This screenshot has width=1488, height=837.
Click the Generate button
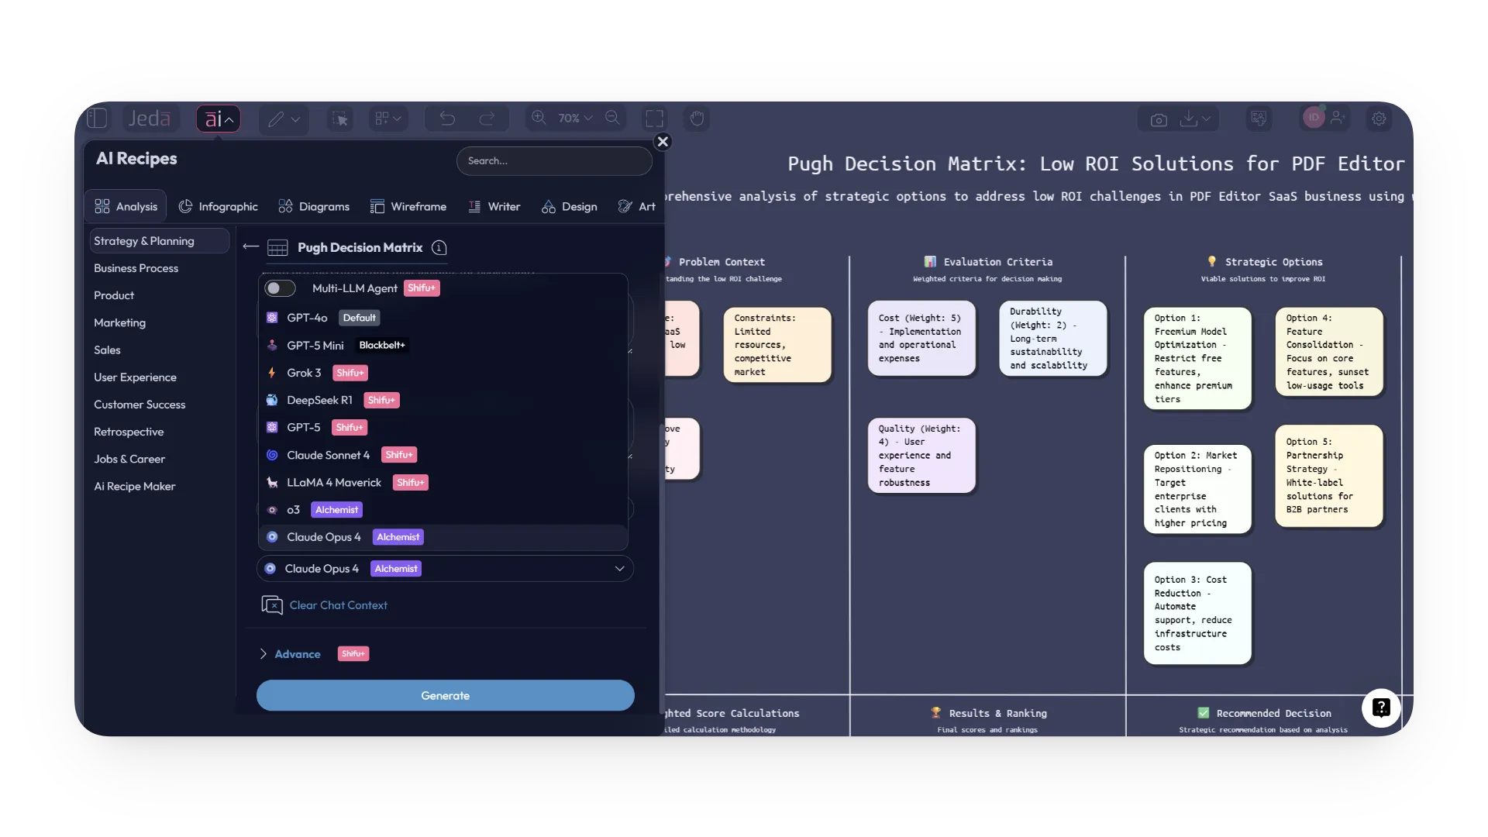click(445, 695)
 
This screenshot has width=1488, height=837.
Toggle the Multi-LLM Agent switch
click(280, 288)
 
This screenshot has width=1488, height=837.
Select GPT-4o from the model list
click(307, 318)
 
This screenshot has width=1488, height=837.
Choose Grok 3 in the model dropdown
click(304, 373)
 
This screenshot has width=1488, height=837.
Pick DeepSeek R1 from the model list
click(319, 400)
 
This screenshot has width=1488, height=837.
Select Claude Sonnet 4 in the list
click(328, 455)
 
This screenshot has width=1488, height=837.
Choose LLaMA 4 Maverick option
click(334, 482)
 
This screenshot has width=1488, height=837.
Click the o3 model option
click(293, 510)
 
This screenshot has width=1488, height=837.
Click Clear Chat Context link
click(338, 605)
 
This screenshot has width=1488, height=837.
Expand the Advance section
click(297, 654)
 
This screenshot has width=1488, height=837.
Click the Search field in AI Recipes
click(554, 161)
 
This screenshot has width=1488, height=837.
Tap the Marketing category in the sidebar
click(119, 322)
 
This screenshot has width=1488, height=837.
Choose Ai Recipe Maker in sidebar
click(135, 486)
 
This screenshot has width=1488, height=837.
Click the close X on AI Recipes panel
click(663, 142)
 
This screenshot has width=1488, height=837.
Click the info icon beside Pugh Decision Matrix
click(439, 248)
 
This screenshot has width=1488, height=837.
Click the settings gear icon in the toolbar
click(1379, 119)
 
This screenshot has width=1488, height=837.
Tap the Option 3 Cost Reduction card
click(1197, 613)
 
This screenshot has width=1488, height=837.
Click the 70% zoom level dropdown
click(574, 119)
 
